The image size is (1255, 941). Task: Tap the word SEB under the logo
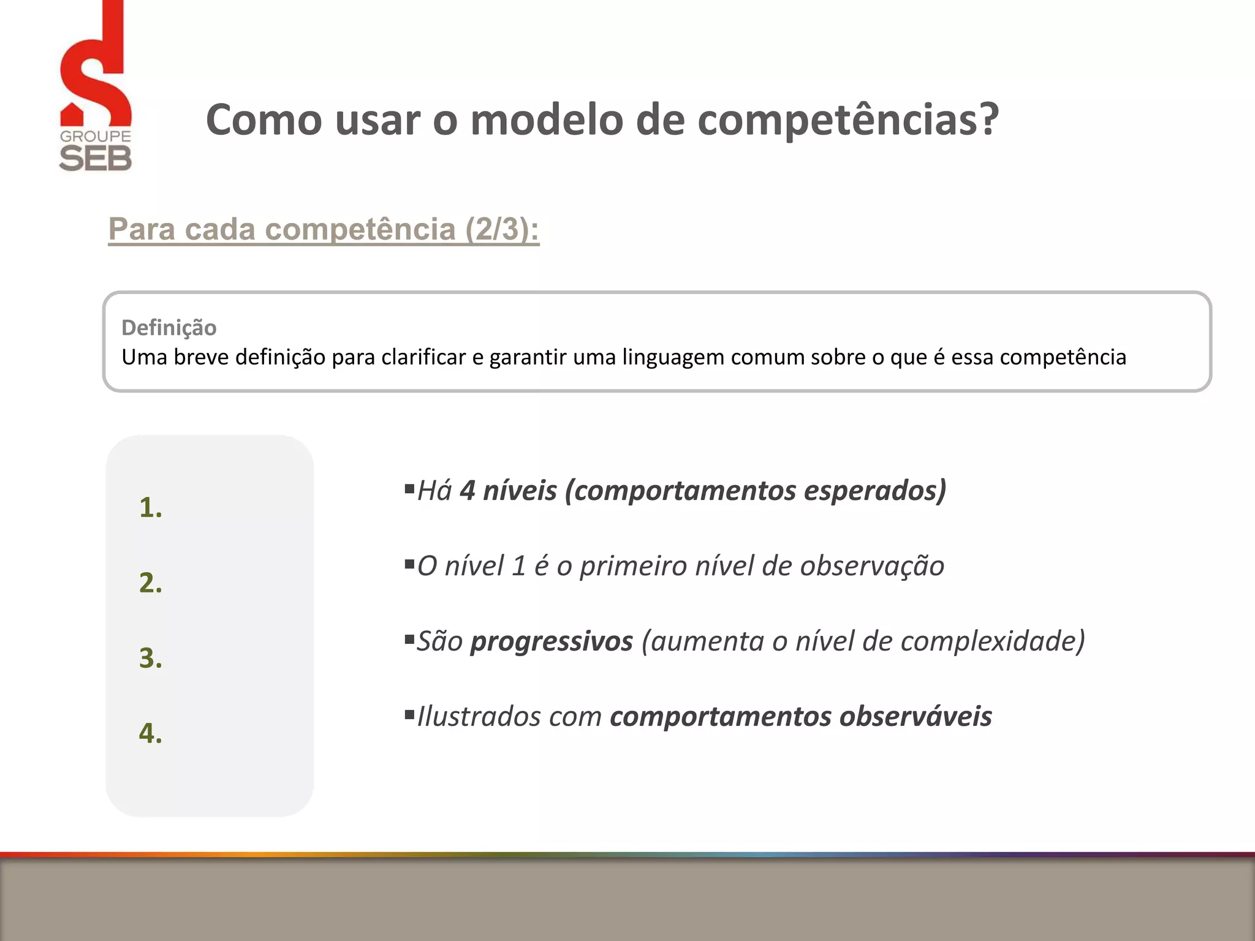pos(96,159)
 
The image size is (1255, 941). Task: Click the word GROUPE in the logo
pos(96,136)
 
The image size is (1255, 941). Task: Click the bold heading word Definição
pos(169,328)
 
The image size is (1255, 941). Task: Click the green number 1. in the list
pos(151,508)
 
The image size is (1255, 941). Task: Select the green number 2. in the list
pos(151,583)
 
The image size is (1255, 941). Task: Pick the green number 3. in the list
pos(151,658)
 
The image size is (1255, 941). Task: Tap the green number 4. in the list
pos(151,733)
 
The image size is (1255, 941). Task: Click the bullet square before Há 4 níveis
pos(409,488)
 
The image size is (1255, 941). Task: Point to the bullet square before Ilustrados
pos(409,714)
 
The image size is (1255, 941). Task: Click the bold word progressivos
pos(552,641)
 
